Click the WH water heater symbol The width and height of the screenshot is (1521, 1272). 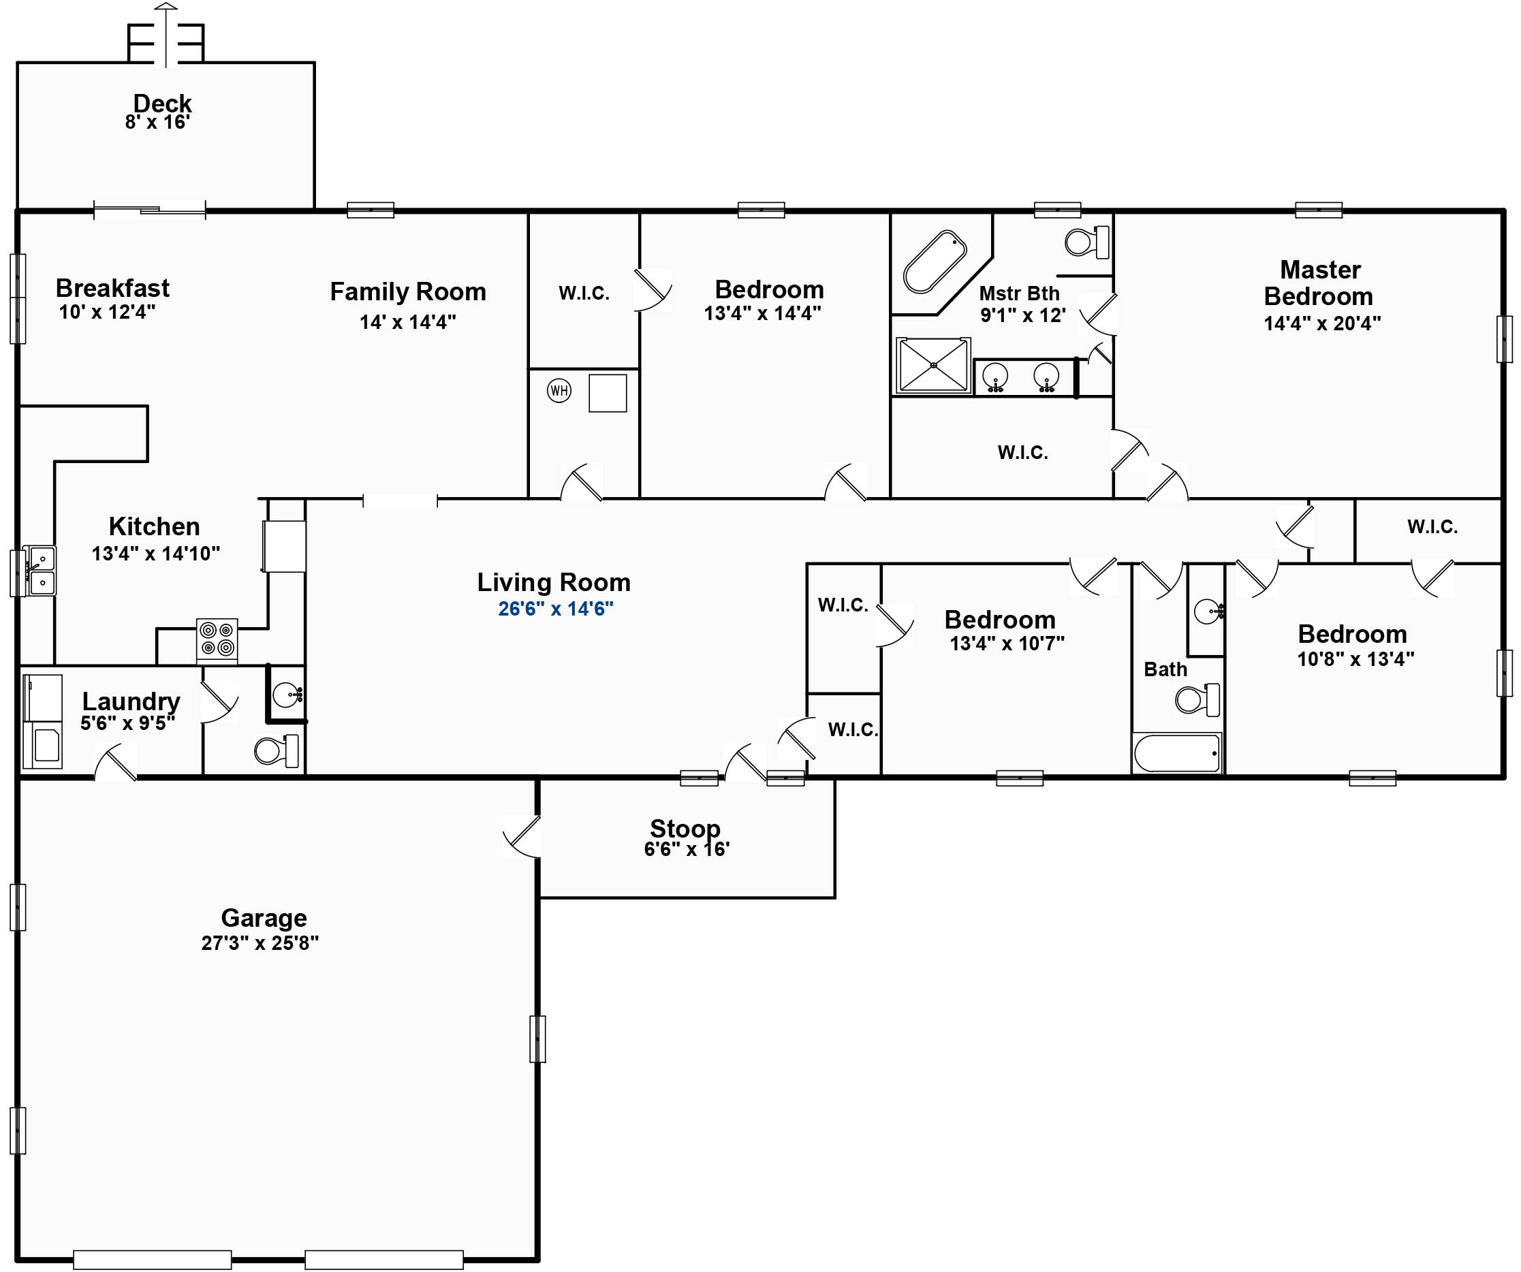tap(559, 391)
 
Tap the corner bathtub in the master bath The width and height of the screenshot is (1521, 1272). tap(935, 262)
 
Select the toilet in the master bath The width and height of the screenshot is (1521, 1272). tap(1086, 242)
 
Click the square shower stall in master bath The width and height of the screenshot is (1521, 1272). tap(933, 366)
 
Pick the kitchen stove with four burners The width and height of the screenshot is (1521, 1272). tap(217, 639)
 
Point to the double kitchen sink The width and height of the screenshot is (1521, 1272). tap(40, 571)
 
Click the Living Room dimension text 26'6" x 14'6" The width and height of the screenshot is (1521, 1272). tap(556, 609)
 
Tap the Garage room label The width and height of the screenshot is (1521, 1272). tap(264, 918)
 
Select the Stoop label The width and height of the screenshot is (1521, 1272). tap(685, 828)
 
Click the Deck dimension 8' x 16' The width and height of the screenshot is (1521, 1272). tap(158, 123)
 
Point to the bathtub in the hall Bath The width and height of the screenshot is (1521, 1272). tap(1177, 753)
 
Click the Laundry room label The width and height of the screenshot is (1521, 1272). tap(131, 701)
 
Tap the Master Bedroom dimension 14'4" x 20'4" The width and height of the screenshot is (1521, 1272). tap(1323, 323)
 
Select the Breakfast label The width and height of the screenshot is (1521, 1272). tap(112, 288)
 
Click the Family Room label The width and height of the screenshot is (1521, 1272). tap(408, 291)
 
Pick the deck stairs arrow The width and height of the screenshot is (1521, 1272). tap(166, 35)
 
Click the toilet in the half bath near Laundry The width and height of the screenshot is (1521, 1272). tap(277, 751)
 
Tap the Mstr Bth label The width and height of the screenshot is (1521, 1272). tap(1019, 293)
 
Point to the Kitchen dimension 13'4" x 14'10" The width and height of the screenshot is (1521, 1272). tap(156, 554)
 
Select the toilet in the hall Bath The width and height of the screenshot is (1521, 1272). tap(1197, 699)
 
